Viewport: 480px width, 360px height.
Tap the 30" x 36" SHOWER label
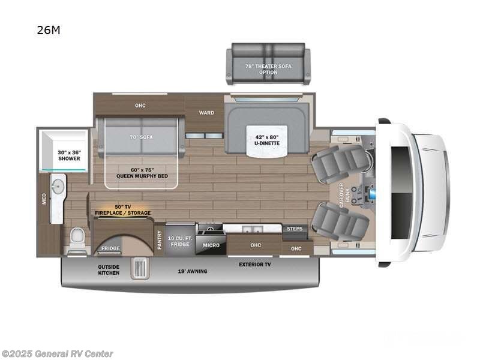point(69,156)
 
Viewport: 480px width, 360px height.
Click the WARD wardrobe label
point(206,112)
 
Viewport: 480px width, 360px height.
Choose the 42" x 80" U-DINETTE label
point(268,140)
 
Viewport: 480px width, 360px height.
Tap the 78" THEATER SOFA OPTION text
point(268,69)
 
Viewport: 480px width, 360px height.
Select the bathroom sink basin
point(58,187)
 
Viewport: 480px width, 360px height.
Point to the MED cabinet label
point(44,199)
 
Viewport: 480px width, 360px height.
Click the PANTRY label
point(160,240)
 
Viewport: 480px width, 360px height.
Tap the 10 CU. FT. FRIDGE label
point(179,241)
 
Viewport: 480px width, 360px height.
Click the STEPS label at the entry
point(294,229)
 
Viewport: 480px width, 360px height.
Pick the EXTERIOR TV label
point(254,264)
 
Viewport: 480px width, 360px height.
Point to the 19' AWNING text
point(193,271)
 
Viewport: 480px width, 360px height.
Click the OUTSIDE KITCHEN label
point(109,269)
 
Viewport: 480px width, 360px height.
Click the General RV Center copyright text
point(58,354)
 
